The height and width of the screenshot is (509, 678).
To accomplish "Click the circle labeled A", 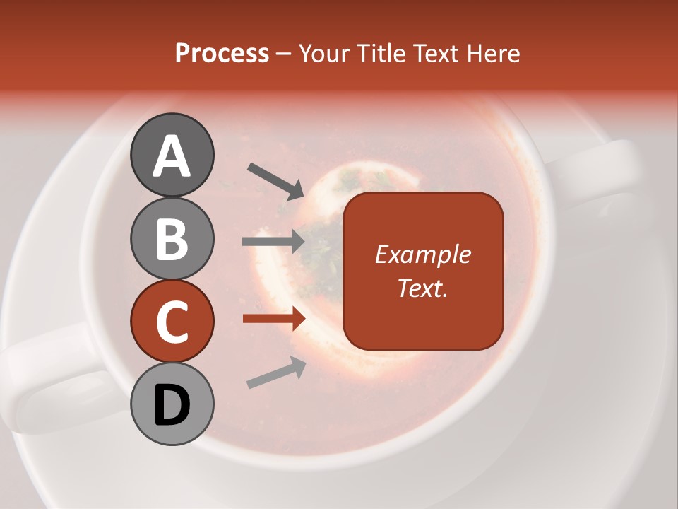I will click(x=172, y=155).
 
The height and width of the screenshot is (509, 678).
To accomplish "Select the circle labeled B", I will click(x=172, y=238).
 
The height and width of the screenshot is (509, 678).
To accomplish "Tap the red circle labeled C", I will click(x=172, y=321).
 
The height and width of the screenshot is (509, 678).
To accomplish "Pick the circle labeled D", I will click(x=172, y=404).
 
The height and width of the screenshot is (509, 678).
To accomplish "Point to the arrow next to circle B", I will click(x=273, y=241).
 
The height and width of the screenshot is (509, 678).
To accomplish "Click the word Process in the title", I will click(x=222, y=54).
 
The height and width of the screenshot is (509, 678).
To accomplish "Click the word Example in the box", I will click(x=422, y=255).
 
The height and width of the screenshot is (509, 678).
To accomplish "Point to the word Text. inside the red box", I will click(x=422, y=288).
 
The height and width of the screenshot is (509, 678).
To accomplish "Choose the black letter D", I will click(x=172, y=405).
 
